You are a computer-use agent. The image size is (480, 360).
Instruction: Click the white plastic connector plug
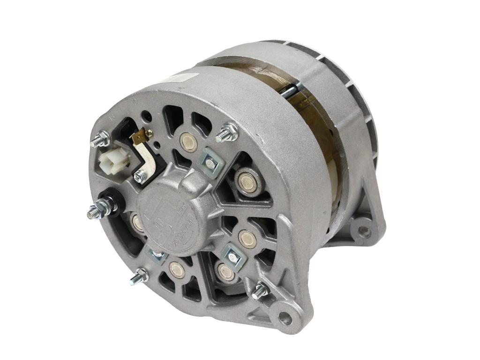(x=111, y=159)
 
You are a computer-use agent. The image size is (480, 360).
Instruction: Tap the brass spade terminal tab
(x=139, y=137)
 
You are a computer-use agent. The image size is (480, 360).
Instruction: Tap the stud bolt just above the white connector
(x=100, y=139)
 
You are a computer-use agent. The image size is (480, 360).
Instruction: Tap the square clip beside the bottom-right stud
(x=232, y=255)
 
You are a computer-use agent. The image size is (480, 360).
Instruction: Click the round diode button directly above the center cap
(x=188, y=142)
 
